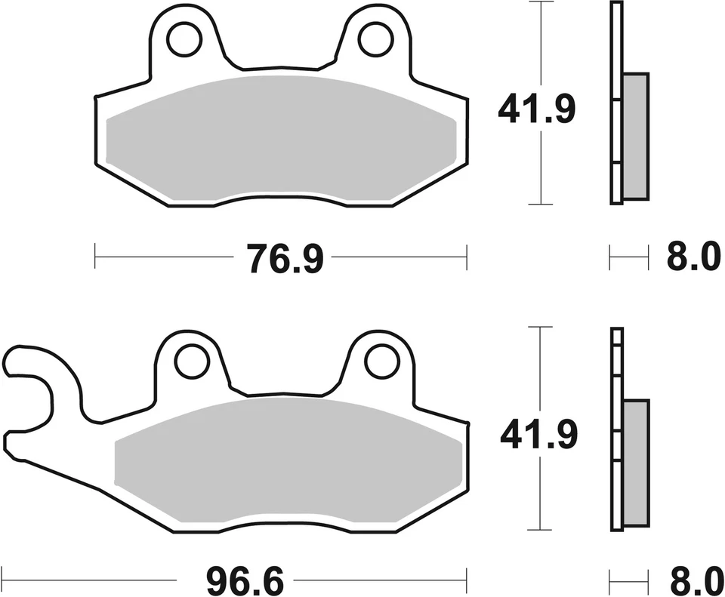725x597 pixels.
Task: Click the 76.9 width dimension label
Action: coord(284,258)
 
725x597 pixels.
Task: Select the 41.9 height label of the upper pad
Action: coord(536,110)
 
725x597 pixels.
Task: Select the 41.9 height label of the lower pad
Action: coord(536,435)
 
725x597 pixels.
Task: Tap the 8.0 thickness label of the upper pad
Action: coord(693,258)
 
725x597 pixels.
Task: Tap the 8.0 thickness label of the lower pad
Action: coord(693,582)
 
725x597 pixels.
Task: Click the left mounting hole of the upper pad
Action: coord(184,40)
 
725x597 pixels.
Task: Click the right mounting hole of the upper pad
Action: coord(375,40)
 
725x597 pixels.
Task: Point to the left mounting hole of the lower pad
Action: coord(192,362)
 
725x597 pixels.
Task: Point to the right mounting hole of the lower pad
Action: coord(382,362)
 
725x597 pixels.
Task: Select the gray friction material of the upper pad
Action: coord(281,140)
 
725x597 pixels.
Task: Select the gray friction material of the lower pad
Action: coord(287,462)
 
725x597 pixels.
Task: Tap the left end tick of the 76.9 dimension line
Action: coord(95,257)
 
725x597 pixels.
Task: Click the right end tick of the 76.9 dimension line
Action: coord(467,257)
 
